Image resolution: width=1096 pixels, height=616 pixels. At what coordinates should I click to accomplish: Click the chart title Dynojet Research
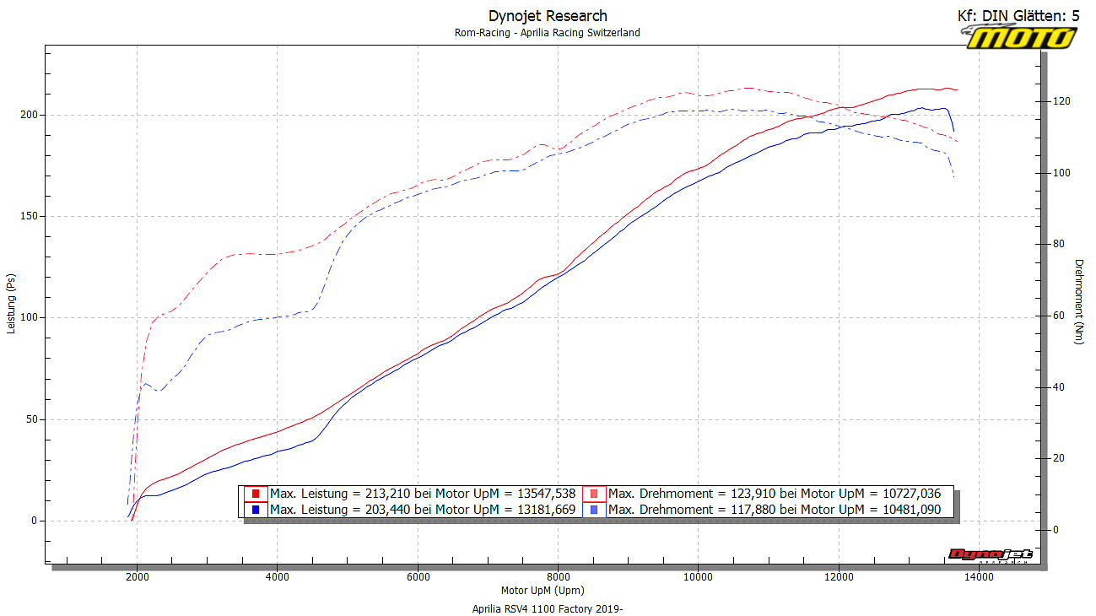point(548,16)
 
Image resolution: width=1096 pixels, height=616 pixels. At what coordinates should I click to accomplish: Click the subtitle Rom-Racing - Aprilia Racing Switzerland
point(548,33)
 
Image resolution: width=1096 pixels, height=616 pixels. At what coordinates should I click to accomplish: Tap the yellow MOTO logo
point(1022,37)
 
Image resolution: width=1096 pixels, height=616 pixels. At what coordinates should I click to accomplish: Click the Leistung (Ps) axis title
point(11,302)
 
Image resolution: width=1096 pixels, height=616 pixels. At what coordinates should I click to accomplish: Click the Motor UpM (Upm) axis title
point(542,591)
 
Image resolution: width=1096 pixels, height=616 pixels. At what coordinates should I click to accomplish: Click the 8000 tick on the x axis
point(558,577)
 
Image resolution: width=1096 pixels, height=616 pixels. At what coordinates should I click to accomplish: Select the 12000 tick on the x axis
point(838,577)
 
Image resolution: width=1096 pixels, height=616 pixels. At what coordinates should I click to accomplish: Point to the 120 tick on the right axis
point(1061,101)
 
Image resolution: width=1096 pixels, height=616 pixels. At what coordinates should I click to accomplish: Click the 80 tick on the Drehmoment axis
point(1059,245)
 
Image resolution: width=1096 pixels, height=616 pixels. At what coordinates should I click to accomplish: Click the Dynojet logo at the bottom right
point(990,554)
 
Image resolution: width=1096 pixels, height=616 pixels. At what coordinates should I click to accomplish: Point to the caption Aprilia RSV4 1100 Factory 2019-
point(548,608)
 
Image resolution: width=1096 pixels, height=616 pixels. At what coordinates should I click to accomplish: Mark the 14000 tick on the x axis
point(978,577)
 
